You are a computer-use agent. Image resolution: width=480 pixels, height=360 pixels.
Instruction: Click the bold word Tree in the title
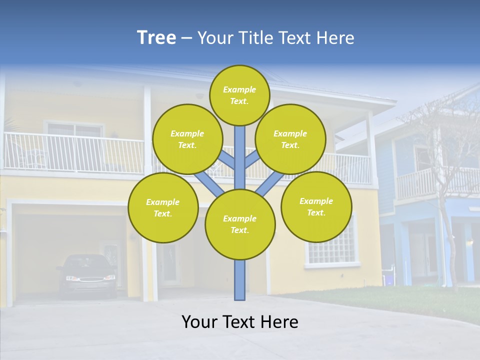(x=156, y=38)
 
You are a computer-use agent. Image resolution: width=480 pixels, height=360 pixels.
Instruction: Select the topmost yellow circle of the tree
(x=239, y=95)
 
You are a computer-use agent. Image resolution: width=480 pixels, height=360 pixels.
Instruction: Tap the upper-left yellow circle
(x=187, y=139)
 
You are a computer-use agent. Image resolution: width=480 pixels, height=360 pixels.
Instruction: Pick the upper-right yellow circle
(x=290, y=139)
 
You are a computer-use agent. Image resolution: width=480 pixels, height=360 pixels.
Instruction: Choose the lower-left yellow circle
(x=163, y=207)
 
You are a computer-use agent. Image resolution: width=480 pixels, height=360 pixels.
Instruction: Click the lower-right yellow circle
(x=316, y=206)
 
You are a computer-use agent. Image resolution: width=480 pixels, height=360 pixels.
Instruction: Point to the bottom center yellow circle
(x=240, y=224)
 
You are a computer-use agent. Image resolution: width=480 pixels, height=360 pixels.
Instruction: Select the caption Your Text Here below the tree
(x=240, y=322)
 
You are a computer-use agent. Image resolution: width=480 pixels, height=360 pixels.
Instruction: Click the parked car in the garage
(x=86, y=275)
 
